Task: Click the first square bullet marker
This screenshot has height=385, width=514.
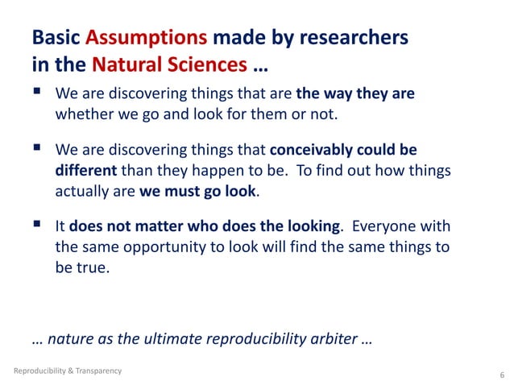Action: pyautogui.click(x=36, y=93)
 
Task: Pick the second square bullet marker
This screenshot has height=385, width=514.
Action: pyautogui.click(x=36, y=149)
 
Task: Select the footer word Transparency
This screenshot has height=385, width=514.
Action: pyautogui.click(x=97, y=371)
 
